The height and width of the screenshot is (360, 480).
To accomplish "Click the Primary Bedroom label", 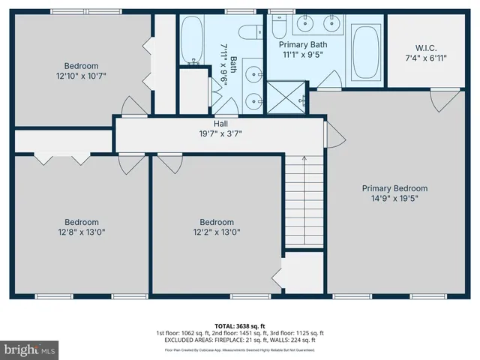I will click(x=394, y=188).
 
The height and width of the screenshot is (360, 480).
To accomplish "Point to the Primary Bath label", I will click(x=303, y=43).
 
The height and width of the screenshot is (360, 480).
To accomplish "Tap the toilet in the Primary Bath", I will click(x=280, y=27).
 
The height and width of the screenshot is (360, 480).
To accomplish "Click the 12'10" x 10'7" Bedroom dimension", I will click(x=81, y=75).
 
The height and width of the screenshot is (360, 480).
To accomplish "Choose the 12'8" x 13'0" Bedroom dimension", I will click(x=81, y=232).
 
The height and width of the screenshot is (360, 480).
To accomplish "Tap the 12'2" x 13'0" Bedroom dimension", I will click(x=216, y=232).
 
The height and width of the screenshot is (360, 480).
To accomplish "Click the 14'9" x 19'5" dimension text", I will click(x=394, y=199).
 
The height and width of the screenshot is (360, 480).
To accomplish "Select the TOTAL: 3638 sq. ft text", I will click(x=240, y=326).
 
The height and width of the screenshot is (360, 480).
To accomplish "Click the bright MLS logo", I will click(x=30, y=349).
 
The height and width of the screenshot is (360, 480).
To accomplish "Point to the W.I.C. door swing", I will click(x=450, y=97).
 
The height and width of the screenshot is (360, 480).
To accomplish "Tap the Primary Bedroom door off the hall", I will click(x=334, y=135).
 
